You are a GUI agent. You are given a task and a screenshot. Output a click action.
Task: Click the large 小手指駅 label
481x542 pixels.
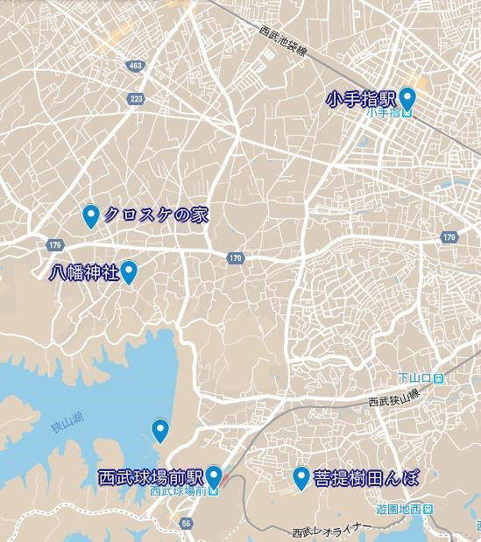tap(361, 99)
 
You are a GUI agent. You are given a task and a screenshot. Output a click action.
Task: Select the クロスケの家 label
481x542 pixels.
tap(156, 215)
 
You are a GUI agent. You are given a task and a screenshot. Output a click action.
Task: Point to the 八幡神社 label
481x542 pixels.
tap(83, 273)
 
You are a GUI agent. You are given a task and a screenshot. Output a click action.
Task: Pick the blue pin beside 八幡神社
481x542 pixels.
tap(130, 272)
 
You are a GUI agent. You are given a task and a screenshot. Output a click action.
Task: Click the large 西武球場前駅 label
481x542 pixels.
tap(151, 478)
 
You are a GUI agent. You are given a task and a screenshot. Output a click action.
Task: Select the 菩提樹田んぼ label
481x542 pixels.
tap(364, 478)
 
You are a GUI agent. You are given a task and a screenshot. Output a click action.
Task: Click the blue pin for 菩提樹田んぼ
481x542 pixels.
tap(301, 477)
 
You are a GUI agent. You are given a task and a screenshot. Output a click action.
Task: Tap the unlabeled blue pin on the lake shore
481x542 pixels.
tap(159, 430)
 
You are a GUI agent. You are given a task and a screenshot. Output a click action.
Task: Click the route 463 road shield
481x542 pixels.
tap(134, 66)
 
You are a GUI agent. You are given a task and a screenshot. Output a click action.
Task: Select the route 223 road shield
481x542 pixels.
tap(136, 98)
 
